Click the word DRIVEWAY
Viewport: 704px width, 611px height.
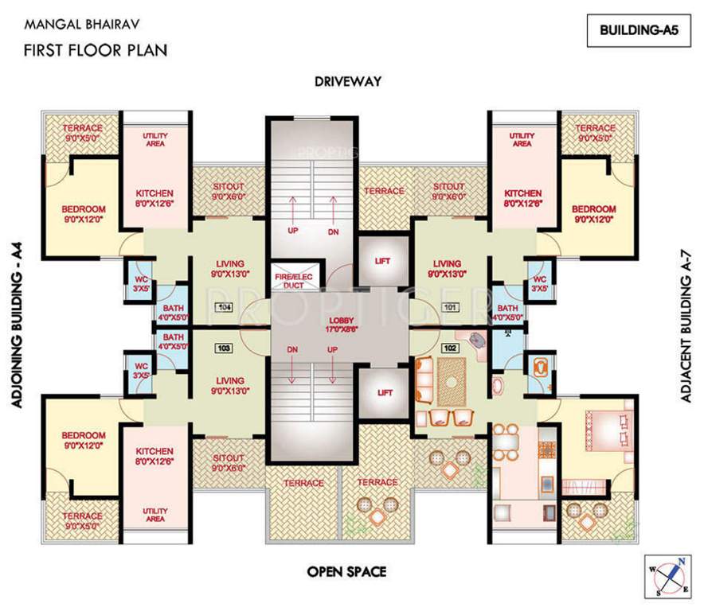coord(347,81)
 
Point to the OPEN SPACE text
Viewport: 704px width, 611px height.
coord(347,571)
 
